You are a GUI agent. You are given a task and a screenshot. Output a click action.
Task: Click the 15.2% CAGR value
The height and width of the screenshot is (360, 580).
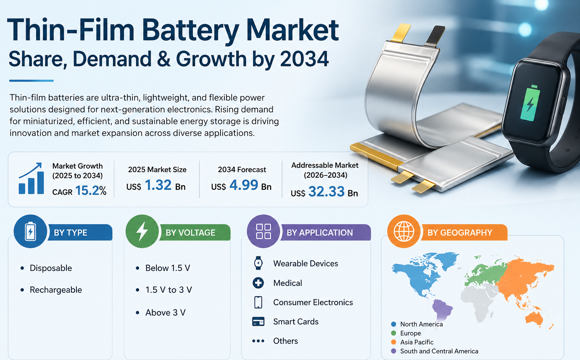coord(91,190)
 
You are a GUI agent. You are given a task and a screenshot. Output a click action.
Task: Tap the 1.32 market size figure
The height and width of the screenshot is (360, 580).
coord(158,185)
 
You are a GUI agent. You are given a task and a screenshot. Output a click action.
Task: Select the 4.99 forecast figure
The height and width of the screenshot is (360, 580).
coord(244,185)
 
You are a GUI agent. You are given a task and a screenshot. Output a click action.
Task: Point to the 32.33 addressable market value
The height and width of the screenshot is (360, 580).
coord(326,192)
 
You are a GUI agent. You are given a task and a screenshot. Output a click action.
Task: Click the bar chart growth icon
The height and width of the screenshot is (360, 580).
coord(31,178)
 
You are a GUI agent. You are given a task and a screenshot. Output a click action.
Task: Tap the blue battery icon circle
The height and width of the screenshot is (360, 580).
coord(30,231)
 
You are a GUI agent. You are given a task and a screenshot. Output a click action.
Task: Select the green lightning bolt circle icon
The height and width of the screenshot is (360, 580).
coord(142,231)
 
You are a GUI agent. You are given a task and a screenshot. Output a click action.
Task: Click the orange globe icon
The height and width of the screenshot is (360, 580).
coord(404,231)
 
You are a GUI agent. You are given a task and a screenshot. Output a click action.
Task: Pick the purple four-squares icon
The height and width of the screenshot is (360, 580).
coord(263,231)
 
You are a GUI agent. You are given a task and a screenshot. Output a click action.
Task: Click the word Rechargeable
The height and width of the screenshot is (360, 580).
coord(56,290)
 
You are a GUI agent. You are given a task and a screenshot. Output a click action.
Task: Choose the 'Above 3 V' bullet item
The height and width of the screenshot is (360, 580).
coord(165,313)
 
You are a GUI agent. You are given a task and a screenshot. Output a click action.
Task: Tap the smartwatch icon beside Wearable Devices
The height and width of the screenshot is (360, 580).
coord(258,263)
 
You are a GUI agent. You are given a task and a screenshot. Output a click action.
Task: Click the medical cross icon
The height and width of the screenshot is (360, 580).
coord(258,283)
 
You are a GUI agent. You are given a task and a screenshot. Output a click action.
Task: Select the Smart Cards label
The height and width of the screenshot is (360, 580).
coord(296,322)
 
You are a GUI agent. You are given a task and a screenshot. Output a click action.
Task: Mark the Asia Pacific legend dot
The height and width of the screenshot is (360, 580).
coord(394,342)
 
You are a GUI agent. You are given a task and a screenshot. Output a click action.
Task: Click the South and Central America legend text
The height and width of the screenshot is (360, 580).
coord(439,351)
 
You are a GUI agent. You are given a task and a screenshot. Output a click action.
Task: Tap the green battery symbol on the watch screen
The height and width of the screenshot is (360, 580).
coord(530,103)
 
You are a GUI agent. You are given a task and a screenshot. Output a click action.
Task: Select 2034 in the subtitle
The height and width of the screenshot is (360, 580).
coord(304,59)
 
